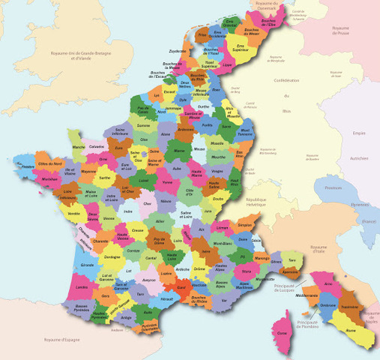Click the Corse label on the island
[281, 332]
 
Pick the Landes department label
[82, 286]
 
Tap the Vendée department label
[74, 214]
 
